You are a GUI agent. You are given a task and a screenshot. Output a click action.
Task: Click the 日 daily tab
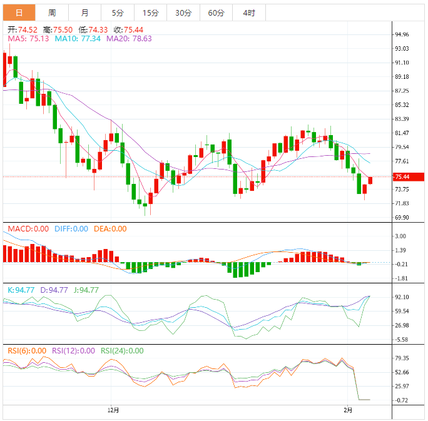pos(19,13)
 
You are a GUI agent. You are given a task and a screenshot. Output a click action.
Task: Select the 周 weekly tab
pos(52,13)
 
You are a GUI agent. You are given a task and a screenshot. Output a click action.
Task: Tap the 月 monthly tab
pos(84,13)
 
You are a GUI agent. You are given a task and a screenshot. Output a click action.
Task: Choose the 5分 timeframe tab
pos(118,13)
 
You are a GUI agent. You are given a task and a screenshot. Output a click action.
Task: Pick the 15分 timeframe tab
pos(150,13)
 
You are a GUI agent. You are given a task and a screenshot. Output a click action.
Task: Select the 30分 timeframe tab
pos(183,13)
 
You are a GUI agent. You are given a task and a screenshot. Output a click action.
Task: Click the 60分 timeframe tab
pos(216,13)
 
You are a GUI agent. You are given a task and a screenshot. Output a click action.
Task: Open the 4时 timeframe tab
pos(248,13)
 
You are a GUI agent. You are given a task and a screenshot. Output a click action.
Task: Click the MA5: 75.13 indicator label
pos(28,39)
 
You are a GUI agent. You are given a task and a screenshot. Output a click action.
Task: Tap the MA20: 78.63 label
pos(129,39)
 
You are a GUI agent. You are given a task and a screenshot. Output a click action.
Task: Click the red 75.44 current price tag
pos(402,177)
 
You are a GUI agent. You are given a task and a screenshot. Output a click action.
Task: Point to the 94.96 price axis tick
pos(402,34)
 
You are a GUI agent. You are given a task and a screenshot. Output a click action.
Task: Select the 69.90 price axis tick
pos(402,218)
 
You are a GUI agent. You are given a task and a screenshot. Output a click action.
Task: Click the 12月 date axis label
pos(113,410)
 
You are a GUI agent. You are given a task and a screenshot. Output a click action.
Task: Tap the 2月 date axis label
pos(349,410)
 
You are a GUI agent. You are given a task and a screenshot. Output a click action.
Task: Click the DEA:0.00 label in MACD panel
pos(110,229)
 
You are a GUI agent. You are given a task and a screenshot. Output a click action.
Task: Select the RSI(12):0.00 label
pos(73,351)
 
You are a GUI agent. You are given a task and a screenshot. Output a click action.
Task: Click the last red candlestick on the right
pos(370,180)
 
